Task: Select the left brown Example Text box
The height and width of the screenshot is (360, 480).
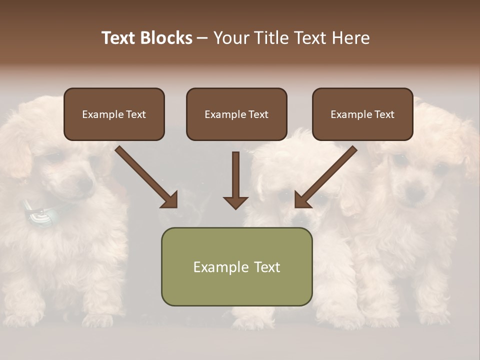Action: (114, 114)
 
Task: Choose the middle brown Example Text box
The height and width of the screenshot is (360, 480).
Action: (236, 114)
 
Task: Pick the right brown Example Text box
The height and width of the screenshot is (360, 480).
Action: (362, 114)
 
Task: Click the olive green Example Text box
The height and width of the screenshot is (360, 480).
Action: (236, 266)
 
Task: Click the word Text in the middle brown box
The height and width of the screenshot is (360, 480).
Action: (257, 114)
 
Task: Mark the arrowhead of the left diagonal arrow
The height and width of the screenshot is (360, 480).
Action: (169, 199)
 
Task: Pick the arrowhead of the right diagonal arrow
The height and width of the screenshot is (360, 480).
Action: (302, 199)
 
